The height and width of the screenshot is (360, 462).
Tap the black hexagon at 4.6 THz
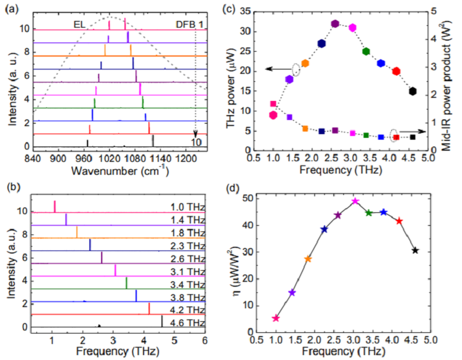pyautogui.click(x=412, y=91)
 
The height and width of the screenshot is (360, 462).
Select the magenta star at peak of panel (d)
pyautogui.click(x=355, y=201)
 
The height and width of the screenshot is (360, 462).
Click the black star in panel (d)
pyautogui.click(x=415, y=250)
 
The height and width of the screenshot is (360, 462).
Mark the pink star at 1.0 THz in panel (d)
pyautogui.click(x=275, y=318)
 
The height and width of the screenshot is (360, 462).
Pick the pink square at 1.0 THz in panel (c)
pyautogui.click(x=273, y=104)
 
